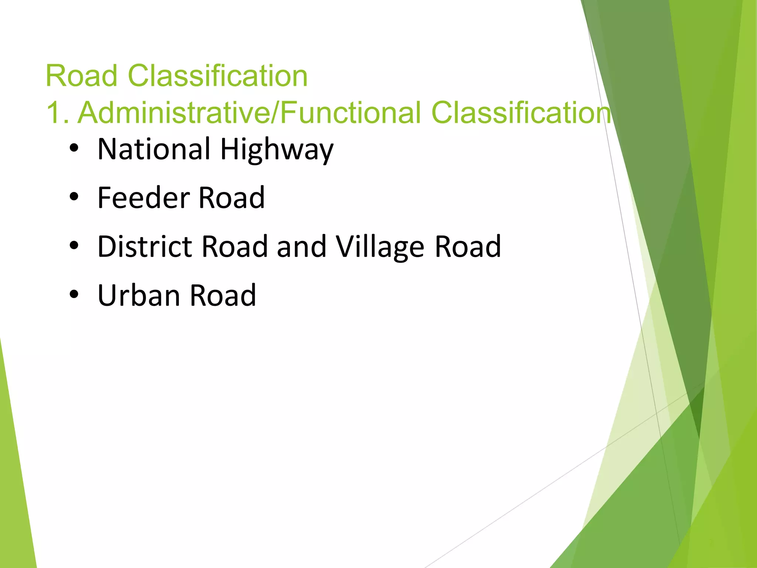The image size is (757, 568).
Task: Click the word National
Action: coord(154,149)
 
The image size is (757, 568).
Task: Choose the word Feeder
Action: coord(144,198)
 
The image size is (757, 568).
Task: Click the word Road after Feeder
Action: coord(232,198)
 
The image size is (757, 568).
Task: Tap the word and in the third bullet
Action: coord(301,247)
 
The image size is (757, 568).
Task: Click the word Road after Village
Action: coord(468,247)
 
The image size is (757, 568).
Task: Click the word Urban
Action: coord(139,295)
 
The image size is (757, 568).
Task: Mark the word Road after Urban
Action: coord(223,295)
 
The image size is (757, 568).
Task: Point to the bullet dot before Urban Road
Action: coord(74,295)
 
